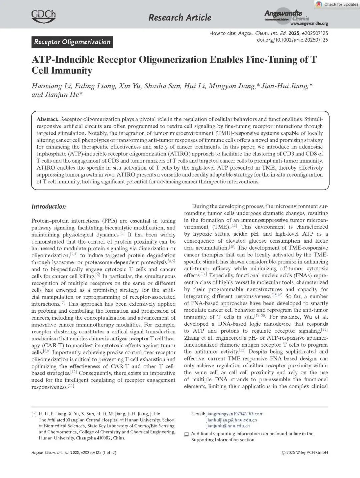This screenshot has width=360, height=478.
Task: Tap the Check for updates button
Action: click(337, 4)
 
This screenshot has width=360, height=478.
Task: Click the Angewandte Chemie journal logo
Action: click(287, 15)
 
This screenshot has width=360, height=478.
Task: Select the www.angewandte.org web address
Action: click(309, 24)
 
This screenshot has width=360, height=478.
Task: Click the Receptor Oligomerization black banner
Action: click(72, 42)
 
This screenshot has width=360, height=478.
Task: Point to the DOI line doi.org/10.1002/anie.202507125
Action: click(292, 40)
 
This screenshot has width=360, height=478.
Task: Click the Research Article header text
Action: click(180, 17)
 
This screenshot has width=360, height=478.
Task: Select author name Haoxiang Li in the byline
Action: click(51, 86)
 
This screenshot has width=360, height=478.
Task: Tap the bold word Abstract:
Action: click(48, 119)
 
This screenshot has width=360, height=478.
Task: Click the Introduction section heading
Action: click(49, 206)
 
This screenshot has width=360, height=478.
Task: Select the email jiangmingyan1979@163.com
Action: click(235, 414)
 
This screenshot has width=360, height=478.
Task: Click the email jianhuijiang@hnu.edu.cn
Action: click(231, 420)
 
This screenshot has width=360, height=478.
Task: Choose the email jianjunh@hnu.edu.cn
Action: click(228, 426)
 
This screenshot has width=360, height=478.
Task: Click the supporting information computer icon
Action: click(187, 434)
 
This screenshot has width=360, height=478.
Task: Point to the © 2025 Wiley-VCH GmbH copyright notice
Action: click(305, 452)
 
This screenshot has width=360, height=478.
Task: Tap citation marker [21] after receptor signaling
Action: click(324, 330)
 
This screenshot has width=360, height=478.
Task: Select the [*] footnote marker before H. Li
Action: click(34, 414)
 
